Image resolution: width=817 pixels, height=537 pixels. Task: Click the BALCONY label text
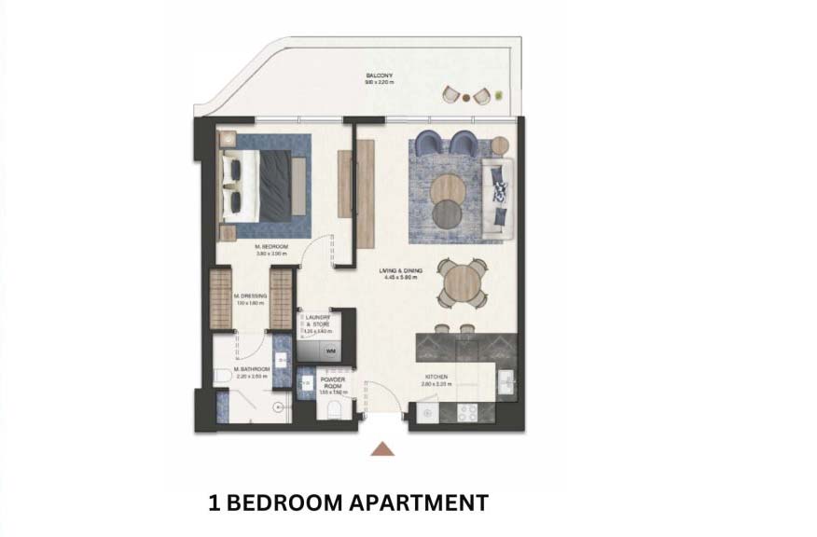point(379,76)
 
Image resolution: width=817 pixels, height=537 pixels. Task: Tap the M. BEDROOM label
point(272,246)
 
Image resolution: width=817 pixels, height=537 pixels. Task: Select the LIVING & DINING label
point(397,271)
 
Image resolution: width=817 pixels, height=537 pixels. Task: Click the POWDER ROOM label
point(333,383)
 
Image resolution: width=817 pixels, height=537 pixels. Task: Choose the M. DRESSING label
point(251,297)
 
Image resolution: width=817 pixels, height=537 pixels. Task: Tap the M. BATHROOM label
point(251,369)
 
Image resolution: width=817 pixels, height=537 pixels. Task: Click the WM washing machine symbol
point(330,351)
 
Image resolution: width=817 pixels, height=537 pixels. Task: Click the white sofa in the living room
point(498,193)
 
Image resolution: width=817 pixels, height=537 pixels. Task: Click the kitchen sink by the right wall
point(505,383)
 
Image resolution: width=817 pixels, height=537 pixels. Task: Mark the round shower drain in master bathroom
point(277,406)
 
